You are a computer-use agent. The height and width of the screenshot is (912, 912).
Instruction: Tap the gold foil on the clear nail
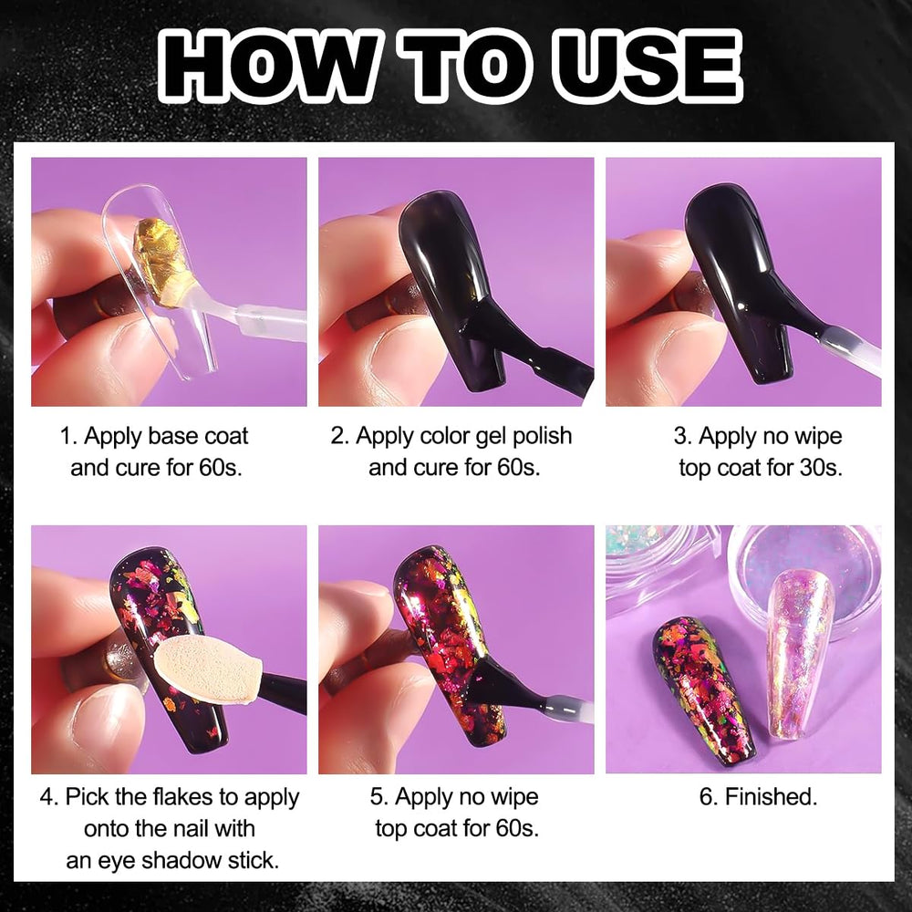[164, 262]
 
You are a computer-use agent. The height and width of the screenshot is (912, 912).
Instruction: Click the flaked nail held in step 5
[449, 646]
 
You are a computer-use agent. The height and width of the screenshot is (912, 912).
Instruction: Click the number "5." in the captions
[379, 797]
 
